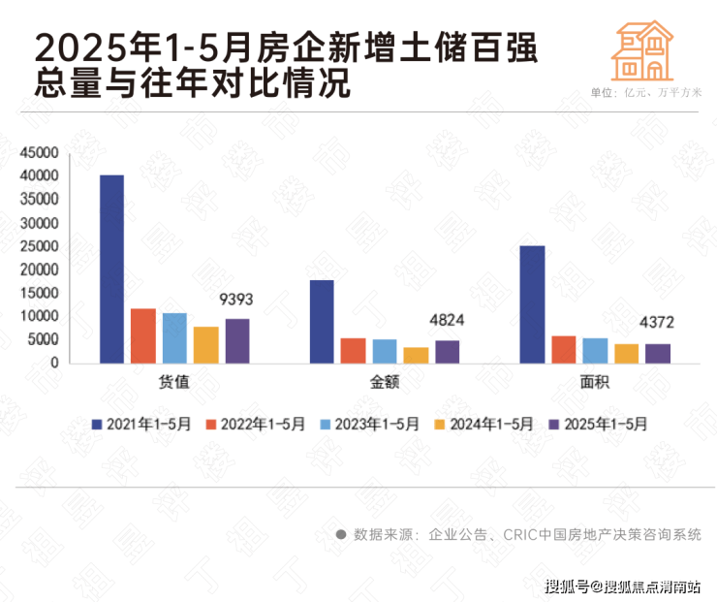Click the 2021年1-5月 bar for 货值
pos(112,269)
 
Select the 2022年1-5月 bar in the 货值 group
pos(143,336)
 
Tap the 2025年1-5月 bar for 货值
pos(237,341)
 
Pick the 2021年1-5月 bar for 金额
pos(322,322)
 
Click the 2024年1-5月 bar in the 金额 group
pos(416,355)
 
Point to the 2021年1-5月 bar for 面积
pos(532,304)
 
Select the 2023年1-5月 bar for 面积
pos(595,351)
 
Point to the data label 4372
pos(657,323)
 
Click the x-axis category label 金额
pos(385,382)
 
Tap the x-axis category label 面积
pos(594,382)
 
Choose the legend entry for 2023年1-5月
pos(372,424)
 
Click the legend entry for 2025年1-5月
pos(600,424)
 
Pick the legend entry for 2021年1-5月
pos(142,424)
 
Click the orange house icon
pos(642,51)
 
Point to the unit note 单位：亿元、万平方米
pos(644,92)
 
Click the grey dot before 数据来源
pos(341,535)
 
